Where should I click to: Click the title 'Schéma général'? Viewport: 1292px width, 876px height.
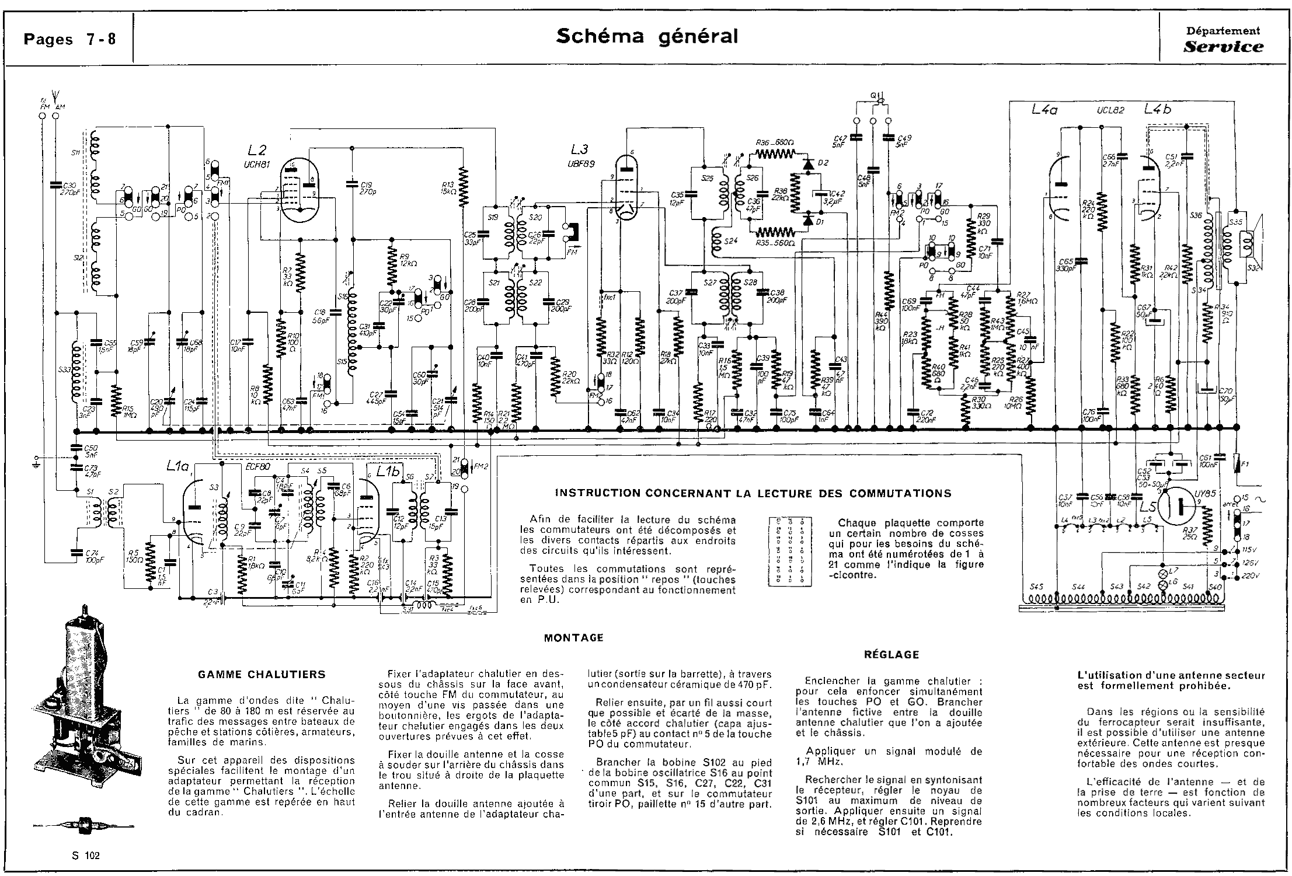click(x=646, y=36)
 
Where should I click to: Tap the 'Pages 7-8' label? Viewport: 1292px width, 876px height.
click(x=69, y=39)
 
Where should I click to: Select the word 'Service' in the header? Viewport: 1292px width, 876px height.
click(x=1223, y=47)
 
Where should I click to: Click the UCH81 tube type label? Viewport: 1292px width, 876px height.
click(x=257, y=165)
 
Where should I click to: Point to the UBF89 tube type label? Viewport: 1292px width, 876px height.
click(x=580, y=164)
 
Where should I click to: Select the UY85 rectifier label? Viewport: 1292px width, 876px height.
click(x=1204, y=493)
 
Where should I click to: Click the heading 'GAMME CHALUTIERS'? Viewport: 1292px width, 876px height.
click(x=261, y=674)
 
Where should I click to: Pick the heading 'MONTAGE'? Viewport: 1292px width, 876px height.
click(x=573, y=637)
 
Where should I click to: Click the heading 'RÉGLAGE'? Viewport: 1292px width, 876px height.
click(x=891, y=654)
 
